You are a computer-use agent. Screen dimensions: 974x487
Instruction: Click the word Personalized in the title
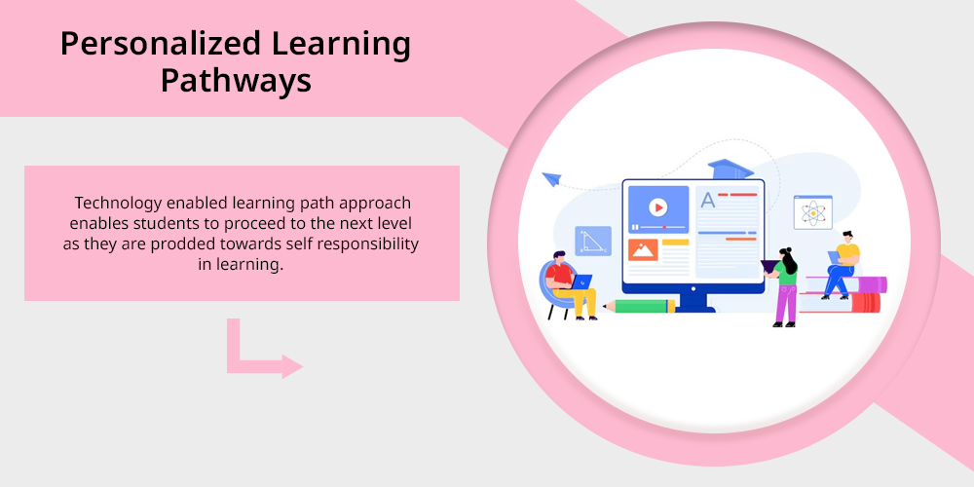tap(161, 45)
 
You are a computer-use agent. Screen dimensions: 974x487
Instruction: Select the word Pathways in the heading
tap(236, 82)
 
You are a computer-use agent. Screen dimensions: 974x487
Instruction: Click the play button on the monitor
tap(657, 206)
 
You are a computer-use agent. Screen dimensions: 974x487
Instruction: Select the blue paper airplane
tap(551, 179)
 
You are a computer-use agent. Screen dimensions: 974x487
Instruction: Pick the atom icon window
tap(812, 212)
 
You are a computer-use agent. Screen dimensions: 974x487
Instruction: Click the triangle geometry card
tap(592, 241)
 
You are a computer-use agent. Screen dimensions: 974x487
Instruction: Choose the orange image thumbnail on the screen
tap(643, 249)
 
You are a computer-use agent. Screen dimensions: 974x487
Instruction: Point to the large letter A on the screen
tap(707, 200)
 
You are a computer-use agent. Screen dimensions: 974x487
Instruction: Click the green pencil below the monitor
tap(639, 306)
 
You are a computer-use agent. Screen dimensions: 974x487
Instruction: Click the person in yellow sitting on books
tap(842, 264)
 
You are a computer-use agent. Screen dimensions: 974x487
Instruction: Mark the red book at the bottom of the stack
tap(841, 302)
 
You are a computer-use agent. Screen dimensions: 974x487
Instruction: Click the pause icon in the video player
tap(635, 227)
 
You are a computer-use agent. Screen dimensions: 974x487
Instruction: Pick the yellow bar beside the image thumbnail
tap(675, 243)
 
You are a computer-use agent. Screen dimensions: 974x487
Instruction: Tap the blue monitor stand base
tap(693, 307)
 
